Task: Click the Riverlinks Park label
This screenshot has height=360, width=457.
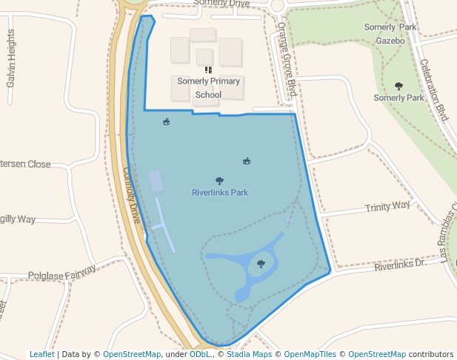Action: [219, 193]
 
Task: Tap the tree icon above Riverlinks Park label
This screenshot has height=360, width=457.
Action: [219, 181]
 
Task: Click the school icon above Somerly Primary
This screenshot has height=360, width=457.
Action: [208, 70]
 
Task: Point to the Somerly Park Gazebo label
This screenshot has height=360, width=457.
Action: [390, 34]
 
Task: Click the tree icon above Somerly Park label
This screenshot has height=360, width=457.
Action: [399, 86]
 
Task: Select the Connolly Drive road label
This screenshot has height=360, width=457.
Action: [132, 195]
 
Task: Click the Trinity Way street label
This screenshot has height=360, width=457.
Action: [387, 207]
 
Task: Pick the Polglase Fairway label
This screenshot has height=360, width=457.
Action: [62, 273]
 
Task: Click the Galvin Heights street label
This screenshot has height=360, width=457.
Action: [11, 59]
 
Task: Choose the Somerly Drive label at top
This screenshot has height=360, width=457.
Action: [221, 4]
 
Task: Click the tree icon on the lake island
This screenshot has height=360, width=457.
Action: [261, 263]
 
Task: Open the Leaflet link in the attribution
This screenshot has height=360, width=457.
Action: [41, 354]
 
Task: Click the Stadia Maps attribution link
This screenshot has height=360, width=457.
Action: [249, 354]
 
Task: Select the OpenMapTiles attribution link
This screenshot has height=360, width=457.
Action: [310, 354]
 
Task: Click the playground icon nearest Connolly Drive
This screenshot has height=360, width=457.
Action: [166, 122]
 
